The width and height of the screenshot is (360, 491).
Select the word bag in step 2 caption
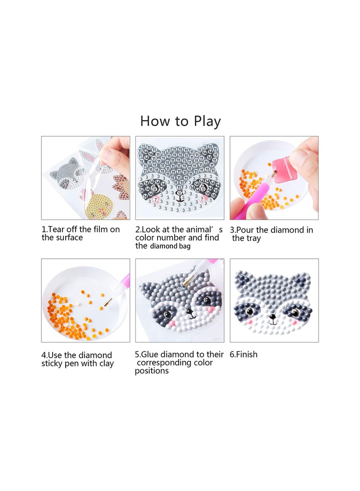click(184, 246)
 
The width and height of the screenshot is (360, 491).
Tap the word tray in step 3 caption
click(253, 239)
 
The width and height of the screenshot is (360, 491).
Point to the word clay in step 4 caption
click(106, 364)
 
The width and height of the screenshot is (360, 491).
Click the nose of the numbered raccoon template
click(180, 193)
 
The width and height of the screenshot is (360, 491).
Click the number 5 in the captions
click(137, 355)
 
